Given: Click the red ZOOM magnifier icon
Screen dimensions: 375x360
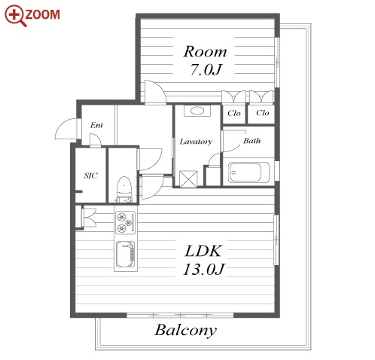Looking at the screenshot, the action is pyautogui.click(x=16, y=16).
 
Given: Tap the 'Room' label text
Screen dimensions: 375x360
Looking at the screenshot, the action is pyautogui.click(x=206, y=52).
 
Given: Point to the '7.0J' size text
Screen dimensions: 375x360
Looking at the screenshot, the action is pyautogui.click(x=206, y=69).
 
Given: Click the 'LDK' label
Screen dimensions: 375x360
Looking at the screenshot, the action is pyautogui.click(x=203, y=251).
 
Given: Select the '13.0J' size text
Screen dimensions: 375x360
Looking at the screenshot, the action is pyautogui.click(x=203, y=269).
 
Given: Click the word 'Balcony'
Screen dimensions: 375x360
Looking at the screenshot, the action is pyautogui.click(x=185, y=331).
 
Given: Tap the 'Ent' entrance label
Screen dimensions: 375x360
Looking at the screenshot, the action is pyautogui.click(x=96, y=125).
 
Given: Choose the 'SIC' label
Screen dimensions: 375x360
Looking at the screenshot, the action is pyautogui.click(x=90, y=175).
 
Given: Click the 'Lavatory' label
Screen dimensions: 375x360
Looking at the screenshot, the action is pyautogui.click(x=196, y=142).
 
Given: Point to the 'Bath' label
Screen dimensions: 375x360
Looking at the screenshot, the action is pyautogui.click(x=252, y=141).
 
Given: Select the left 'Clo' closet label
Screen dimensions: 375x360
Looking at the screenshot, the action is pyautogui.click(x=234, y=113).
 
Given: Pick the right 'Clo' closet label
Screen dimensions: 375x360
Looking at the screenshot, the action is pyautogui.click(x=263, y=113).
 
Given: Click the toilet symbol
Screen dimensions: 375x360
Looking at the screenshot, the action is pyautogui.click(x=124, y=189).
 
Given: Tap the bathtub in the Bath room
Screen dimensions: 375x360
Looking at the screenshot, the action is pyautogui.click(x=248, y=172).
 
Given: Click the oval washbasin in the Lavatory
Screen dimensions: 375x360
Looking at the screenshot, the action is pyautogui.click(x=197, y=111).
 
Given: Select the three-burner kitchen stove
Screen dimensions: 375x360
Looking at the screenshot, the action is pyautogui.click(x=126, y=223).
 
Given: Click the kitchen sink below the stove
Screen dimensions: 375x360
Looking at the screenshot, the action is pyautogui.click(x=125, y=255).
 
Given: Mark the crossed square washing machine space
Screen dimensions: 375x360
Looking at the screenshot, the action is pyautogui.click(x=188, y=178).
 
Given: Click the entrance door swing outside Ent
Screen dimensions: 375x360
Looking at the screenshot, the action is pyautogui.click(x=66, y=128).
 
